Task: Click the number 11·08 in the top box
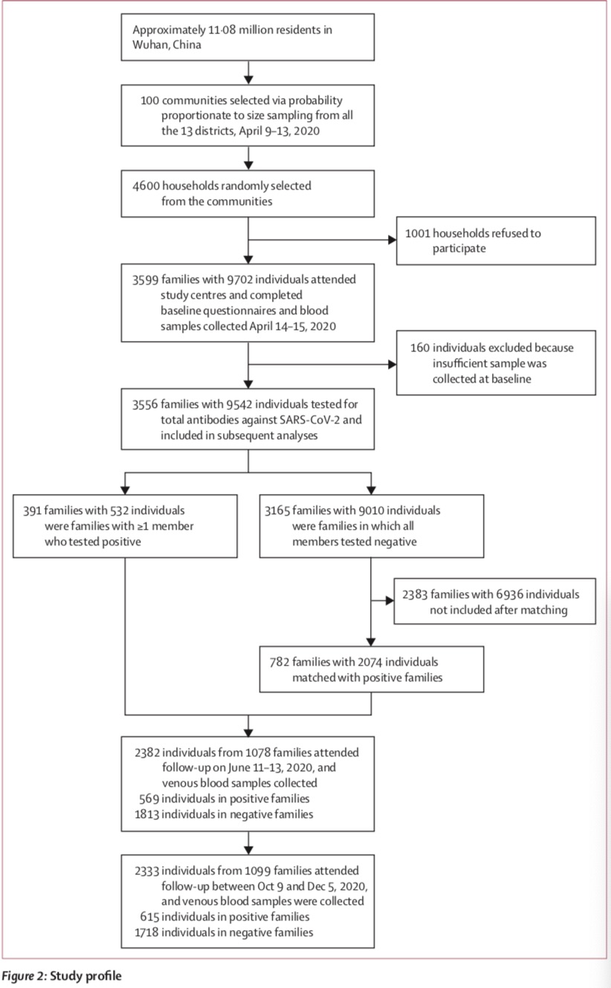pos(222,30)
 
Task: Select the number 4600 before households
pos(146,186)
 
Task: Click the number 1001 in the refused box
pos(417,233)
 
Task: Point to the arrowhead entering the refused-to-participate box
pos(392,240)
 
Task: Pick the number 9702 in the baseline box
pos(240,279)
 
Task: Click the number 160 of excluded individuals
pos(420,348)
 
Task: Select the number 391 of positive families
pos(32,511)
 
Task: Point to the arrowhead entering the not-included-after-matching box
pos(389,600)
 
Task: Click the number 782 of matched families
pos(279,662)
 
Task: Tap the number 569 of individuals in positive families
pos(149,799)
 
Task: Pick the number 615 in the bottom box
pos(149,917)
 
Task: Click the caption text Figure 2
pos(24,975)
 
